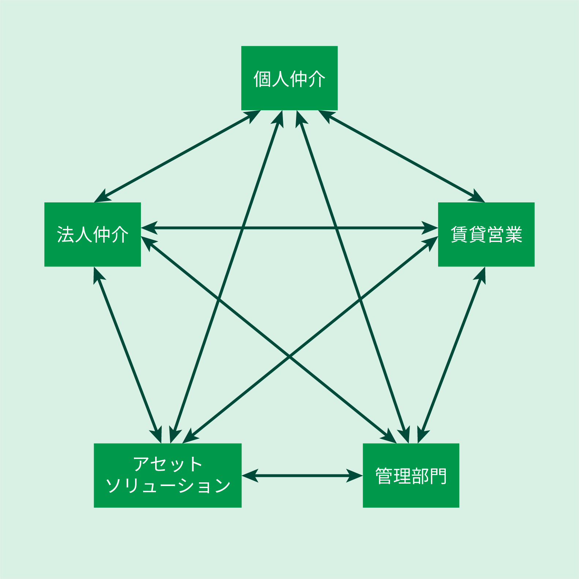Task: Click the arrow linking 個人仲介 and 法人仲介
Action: click(177, 156)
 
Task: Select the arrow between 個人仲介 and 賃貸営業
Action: click(401, 156)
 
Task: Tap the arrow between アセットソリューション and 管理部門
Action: click(302, 476)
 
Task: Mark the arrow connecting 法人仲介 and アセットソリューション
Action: click(128, 355)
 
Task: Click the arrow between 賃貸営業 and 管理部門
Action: click(452, 355)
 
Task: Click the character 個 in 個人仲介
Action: click(262, 79)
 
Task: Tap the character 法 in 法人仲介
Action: click(66, 235)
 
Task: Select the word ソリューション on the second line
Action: click(168, 486)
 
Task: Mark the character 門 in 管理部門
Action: click(438, 476)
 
